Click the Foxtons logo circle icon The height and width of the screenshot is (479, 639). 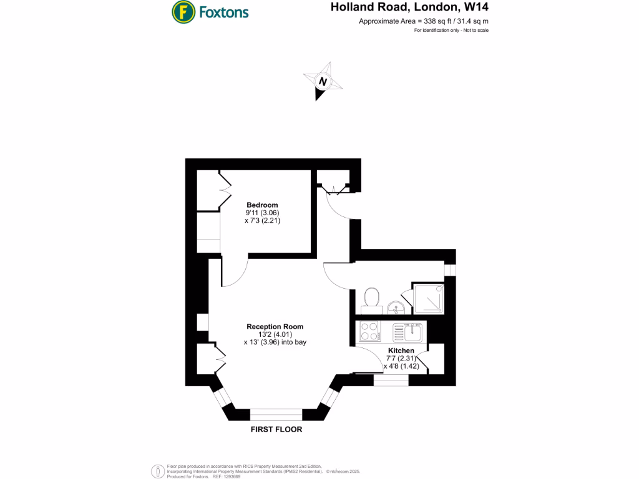point(182,11)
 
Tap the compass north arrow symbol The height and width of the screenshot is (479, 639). point(322,82)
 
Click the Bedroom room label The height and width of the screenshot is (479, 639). point(262,205)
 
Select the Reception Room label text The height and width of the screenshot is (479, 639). point(275,326)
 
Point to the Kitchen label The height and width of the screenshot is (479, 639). point(401,351)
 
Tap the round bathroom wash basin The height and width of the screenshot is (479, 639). point(395,307)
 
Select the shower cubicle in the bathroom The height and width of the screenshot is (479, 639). point(427,299)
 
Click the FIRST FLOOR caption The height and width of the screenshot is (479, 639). point(276,430)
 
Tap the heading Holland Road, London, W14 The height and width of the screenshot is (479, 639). point(409,8)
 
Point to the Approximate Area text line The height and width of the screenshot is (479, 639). point(423,21)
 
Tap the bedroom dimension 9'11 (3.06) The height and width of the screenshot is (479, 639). point(262,213)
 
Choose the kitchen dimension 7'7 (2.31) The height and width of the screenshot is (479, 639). point(401,359)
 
